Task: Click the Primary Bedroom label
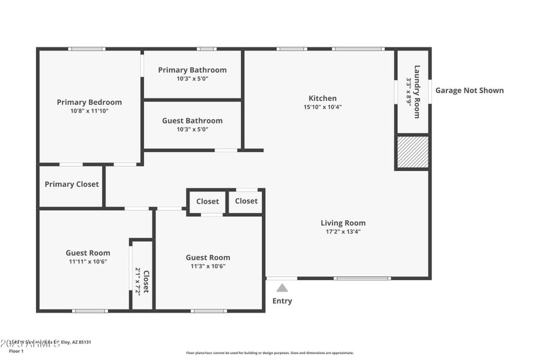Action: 89,102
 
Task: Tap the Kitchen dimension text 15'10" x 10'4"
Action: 322,107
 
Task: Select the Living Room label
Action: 343,223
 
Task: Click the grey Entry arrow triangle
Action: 282,288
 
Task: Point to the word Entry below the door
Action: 282,301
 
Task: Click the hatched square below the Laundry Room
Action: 413,152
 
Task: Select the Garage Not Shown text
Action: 469,91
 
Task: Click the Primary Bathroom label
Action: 192,70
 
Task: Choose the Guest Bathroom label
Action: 192,121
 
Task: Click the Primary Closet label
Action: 71,184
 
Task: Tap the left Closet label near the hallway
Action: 208,202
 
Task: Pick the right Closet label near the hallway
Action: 246,201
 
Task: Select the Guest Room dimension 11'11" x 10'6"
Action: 88,262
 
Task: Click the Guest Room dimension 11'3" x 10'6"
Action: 208,266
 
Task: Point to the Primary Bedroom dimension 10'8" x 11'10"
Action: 89,111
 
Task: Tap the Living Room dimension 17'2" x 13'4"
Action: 343,232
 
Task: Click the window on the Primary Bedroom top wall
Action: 86,49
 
